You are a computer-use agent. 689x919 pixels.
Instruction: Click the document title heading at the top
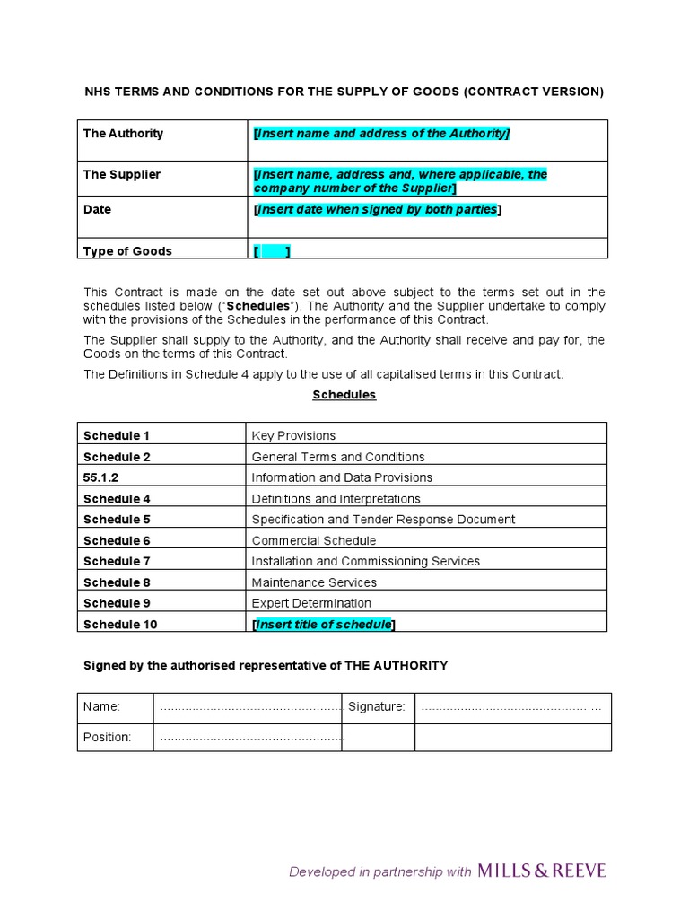344,92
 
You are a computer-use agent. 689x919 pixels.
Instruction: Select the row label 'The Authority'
123,133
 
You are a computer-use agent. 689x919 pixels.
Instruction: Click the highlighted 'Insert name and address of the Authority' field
381,134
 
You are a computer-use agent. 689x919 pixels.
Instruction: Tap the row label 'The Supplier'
122,174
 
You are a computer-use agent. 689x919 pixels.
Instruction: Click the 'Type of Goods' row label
127,251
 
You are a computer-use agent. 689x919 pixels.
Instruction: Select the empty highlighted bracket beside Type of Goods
272,252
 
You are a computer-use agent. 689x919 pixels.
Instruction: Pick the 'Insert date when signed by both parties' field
378,209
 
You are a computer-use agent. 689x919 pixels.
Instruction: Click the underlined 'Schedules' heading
344,395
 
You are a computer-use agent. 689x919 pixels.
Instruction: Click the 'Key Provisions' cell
293,435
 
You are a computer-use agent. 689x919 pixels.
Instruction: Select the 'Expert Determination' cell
311,603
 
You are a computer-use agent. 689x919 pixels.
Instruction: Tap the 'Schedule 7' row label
117,561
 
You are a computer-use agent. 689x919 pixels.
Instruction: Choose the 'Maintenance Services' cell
314,582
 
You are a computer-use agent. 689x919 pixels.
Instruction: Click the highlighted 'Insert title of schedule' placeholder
324,625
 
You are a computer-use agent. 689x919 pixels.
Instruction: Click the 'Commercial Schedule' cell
314,540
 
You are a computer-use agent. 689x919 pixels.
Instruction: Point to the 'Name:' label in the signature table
101,707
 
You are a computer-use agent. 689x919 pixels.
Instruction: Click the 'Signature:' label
376,707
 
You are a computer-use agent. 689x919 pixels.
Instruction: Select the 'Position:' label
107,738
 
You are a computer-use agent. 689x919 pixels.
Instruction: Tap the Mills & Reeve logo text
542,871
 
